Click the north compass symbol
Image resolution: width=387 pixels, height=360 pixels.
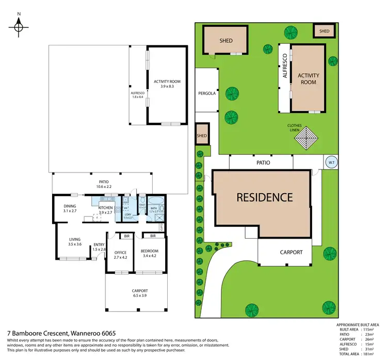click(x=19, y=26)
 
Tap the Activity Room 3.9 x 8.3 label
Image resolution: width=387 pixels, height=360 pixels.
click(x=167, y=84)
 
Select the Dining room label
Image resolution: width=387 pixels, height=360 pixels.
click(x=70, y=209)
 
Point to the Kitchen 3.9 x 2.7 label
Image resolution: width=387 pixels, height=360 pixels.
click(x=106, y=210)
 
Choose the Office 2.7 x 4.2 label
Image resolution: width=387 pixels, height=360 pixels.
click(x=120, y=254)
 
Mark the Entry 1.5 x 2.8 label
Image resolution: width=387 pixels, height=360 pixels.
click(x=99, y=247)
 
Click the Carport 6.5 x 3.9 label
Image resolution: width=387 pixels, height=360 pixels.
click(x=139, y=293)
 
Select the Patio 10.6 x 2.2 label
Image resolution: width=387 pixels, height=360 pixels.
click(x=103, y=183)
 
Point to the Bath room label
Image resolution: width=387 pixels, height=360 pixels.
click(x=154, y=209)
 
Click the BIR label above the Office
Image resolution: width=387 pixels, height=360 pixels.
click(x=126, y=236)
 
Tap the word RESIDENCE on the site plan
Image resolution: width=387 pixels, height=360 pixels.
click(x=265, y=197)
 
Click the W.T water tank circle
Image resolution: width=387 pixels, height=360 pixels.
click(x=330, y=162)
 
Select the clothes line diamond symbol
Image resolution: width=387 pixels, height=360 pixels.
click(x=308, y=138)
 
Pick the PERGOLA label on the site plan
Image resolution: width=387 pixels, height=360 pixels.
click(x=206, y=93)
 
